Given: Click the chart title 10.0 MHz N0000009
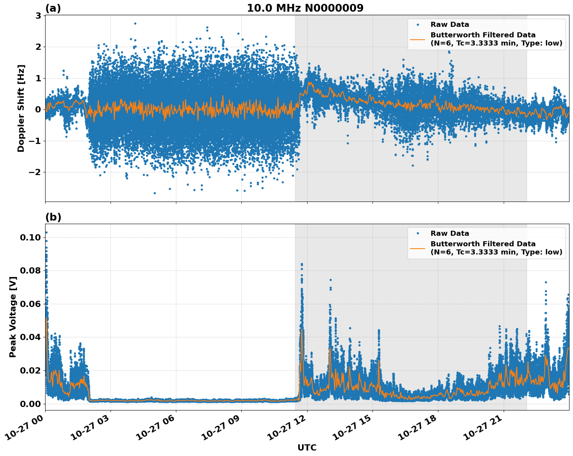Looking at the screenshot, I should [305, 8].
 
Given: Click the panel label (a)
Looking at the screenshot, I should [53, 8].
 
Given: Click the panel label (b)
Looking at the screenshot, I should [53, 217].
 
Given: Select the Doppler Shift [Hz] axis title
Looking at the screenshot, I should [21, 108].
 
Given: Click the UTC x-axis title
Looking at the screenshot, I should [307, 447].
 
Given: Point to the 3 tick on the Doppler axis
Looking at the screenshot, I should [39, 16].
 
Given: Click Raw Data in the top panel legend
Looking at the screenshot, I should [450, 25].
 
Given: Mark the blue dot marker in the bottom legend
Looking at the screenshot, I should [418, 233].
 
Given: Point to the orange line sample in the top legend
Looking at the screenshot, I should [418, 39].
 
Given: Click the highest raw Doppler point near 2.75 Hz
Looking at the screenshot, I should [135, 23].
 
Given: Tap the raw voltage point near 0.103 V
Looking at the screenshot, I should [46, 232].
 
